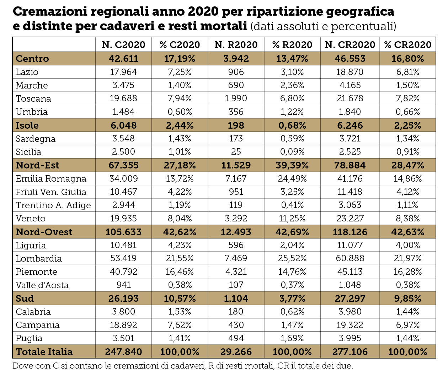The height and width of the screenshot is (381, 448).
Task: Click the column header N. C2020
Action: [123, 45]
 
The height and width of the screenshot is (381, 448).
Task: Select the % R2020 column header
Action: [292, 45]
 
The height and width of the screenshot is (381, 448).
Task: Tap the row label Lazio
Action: [27, 72]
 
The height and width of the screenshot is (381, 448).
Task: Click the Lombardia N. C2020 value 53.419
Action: [123, 258]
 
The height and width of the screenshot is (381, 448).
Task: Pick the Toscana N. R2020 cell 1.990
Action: [236, 98]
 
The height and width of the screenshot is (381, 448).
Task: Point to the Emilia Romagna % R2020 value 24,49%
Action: [292, 178]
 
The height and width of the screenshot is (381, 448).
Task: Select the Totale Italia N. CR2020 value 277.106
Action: [350, 352]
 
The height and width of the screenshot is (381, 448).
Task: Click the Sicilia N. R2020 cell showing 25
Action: [236, 152]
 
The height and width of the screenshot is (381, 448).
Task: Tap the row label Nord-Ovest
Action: [44, 232]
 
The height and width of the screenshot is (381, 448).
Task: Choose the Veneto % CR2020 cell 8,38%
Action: [408, 218]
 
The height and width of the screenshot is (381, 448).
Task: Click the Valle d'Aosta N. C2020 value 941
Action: [124, 285]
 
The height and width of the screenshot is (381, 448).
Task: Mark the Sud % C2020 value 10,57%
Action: [180, 299]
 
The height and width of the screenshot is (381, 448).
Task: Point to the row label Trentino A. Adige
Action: [53, 205]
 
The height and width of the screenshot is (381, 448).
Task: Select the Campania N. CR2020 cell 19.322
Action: [350, 325]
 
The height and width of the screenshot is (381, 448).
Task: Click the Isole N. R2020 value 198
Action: [236, 125]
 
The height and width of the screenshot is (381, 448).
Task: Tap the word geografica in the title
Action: [360, 12]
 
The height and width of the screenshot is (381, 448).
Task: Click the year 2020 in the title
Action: [203, 12]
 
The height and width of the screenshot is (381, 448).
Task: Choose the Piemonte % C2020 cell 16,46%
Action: [180, 272]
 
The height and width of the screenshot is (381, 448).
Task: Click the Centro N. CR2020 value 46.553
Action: [350, 59]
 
